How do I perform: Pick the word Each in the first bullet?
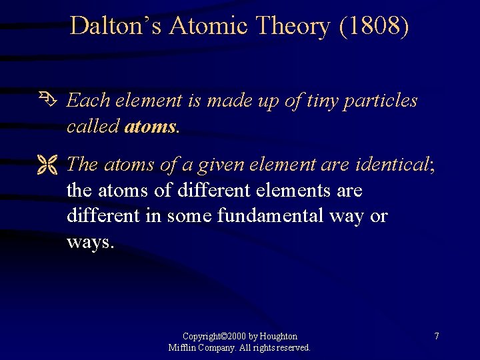click(x=90, y=101)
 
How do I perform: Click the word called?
click(x=93, y=127)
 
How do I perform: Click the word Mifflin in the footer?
click(x=182, y=347)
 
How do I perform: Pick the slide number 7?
click(x=437, y=337)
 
